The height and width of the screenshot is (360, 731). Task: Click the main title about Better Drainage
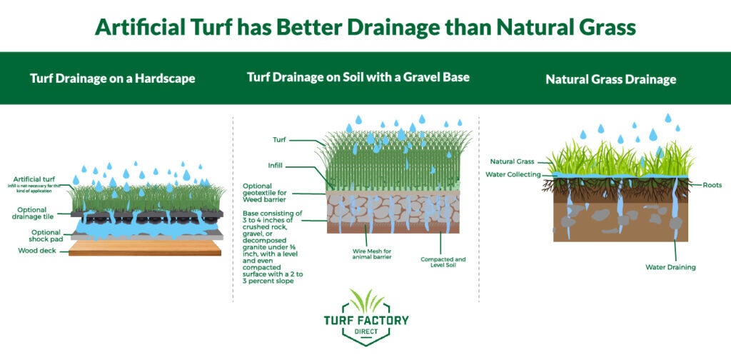(365, 26)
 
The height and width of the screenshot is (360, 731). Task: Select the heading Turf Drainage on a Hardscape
(113, 79)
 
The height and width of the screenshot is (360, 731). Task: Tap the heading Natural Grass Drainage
(610, 79)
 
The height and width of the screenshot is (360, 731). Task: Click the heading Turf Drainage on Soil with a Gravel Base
(358, 76)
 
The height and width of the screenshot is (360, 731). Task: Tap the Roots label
(712, 184)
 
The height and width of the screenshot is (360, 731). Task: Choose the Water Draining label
(670, 267)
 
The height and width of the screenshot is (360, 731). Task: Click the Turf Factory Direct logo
(365, 317)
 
